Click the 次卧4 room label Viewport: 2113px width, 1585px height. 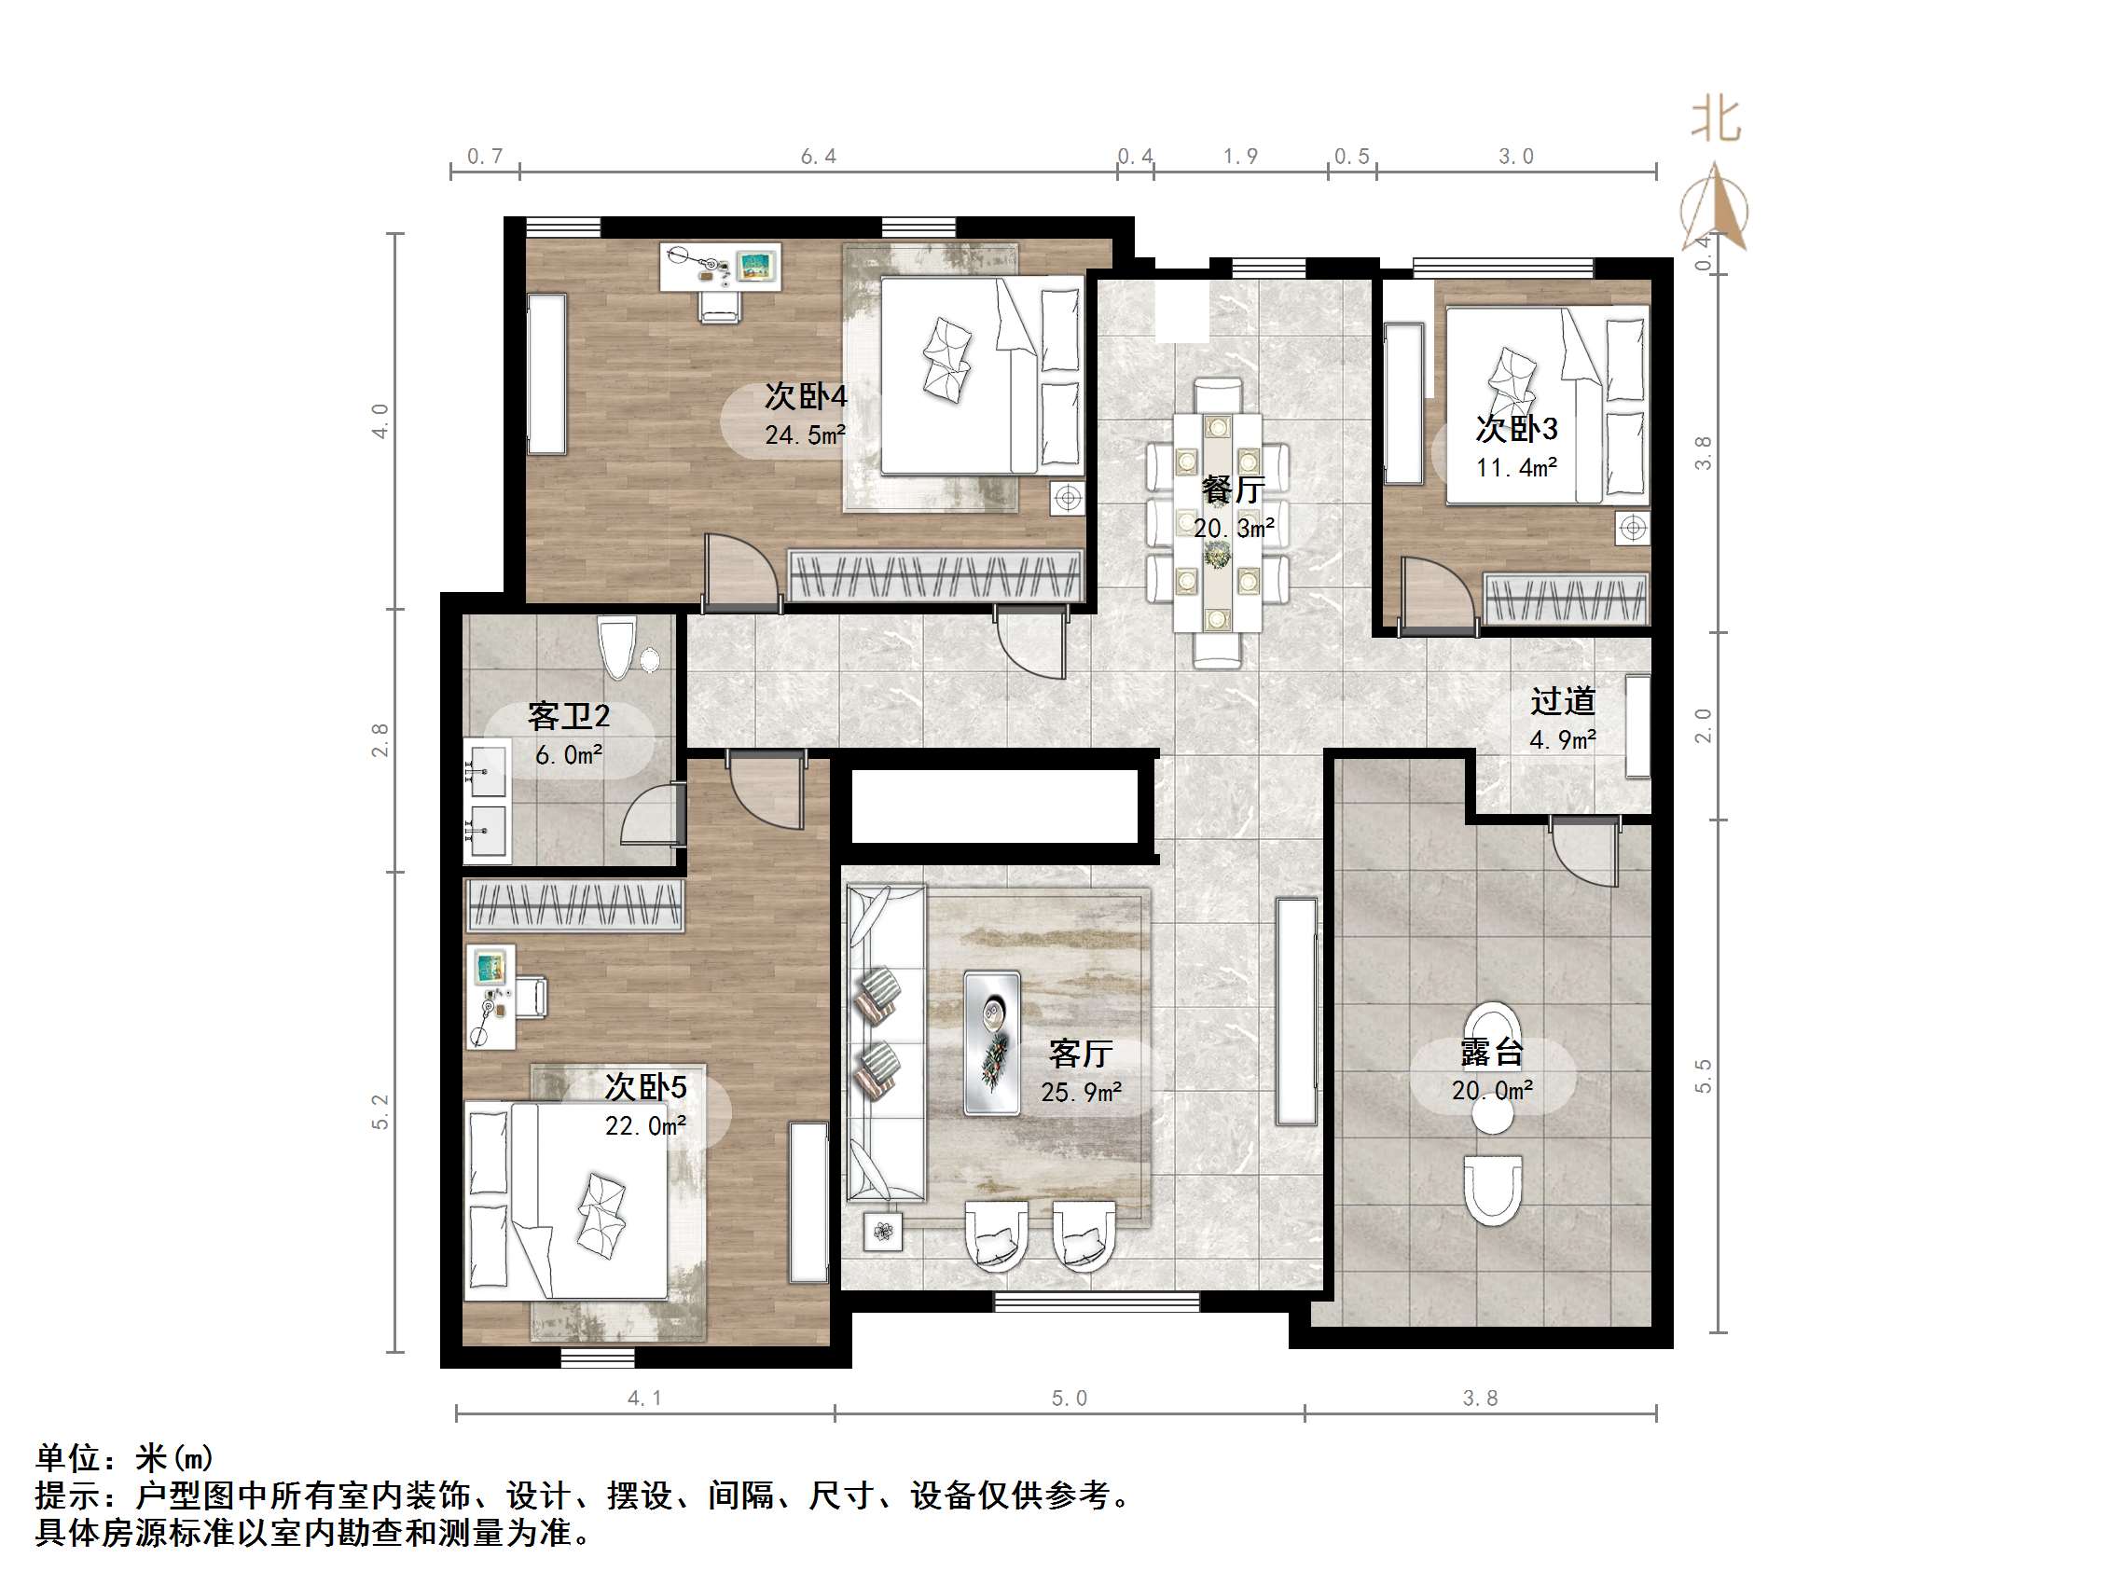(x=806, y=395)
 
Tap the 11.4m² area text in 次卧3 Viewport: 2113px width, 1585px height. (x=1516, y=467)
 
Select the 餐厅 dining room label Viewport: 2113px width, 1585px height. (x=1234, y=490)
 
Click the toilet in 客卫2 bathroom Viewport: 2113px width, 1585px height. (x=616, y=647)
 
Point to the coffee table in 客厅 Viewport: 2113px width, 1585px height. (x=991, y=1043)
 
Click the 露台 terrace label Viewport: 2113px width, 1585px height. (x=1491, y=1052)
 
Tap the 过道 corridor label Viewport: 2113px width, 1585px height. (x=1563, y=701)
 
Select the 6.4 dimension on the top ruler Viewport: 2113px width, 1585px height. (x=819, y=157)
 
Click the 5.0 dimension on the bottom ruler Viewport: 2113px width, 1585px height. (x=1069, y=1399)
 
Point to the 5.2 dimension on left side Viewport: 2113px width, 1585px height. (x=381, y=1112)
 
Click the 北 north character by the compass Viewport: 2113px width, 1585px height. (x=1715, y=121)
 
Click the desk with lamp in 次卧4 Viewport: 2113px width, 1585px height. (x=721, y=267)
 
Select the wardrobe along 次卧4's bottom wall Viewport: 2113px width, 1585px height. (x=934, y=576)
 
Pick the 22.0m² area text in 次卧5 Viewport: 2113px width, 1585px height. (x=646, y=1126)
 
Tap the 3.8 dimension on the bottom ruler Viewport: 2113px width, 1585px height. (x=1480, y=1399)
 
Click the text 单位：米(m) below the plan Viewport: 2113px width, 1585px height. (x=124, y=1458)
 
